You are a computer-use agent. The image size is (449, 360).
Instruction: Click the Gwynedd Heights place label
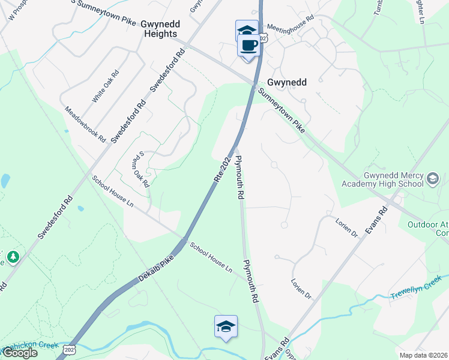(159, 29)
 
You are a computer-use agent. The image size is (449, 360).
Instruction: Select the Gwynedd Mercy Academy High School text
(382, 178)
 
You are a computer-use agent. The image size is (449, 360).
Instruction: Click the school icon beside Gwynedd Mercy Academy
(432, 178)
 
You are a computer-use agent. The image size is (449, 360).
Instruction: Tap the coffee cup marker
(249, 44)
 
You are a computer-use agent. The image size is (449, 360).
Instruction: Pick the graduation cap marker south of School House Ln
(226, 326)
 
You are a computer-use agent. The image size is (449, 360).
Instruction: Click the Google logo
(19, 353)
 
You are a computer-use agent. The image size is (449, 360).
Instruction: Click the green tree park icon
(13, 258)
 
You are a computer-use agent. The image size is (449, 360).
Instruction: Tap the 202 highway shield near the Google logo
(70, 350)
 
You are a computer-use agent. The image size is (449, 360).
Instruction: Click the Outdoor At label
(428, 225)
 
